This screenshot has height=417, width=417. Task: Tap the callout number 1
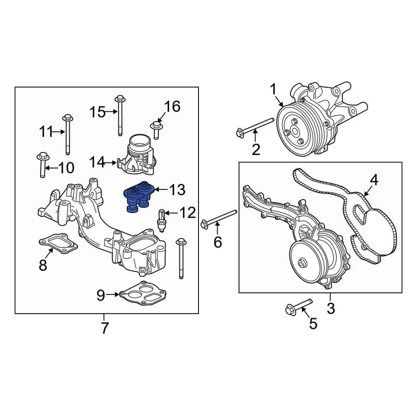pos(273,90)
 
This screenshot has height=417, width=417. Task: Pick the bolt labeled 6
pos(219,218)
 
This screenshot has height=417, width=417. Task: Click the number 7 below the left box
pos(104,328)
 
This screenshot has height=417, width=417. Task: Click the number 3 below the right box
pos(331,309)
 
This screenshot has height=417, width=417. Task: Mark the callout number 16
pos(172,106)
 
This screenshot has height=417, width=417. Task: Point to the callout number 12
pos(188,213)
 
